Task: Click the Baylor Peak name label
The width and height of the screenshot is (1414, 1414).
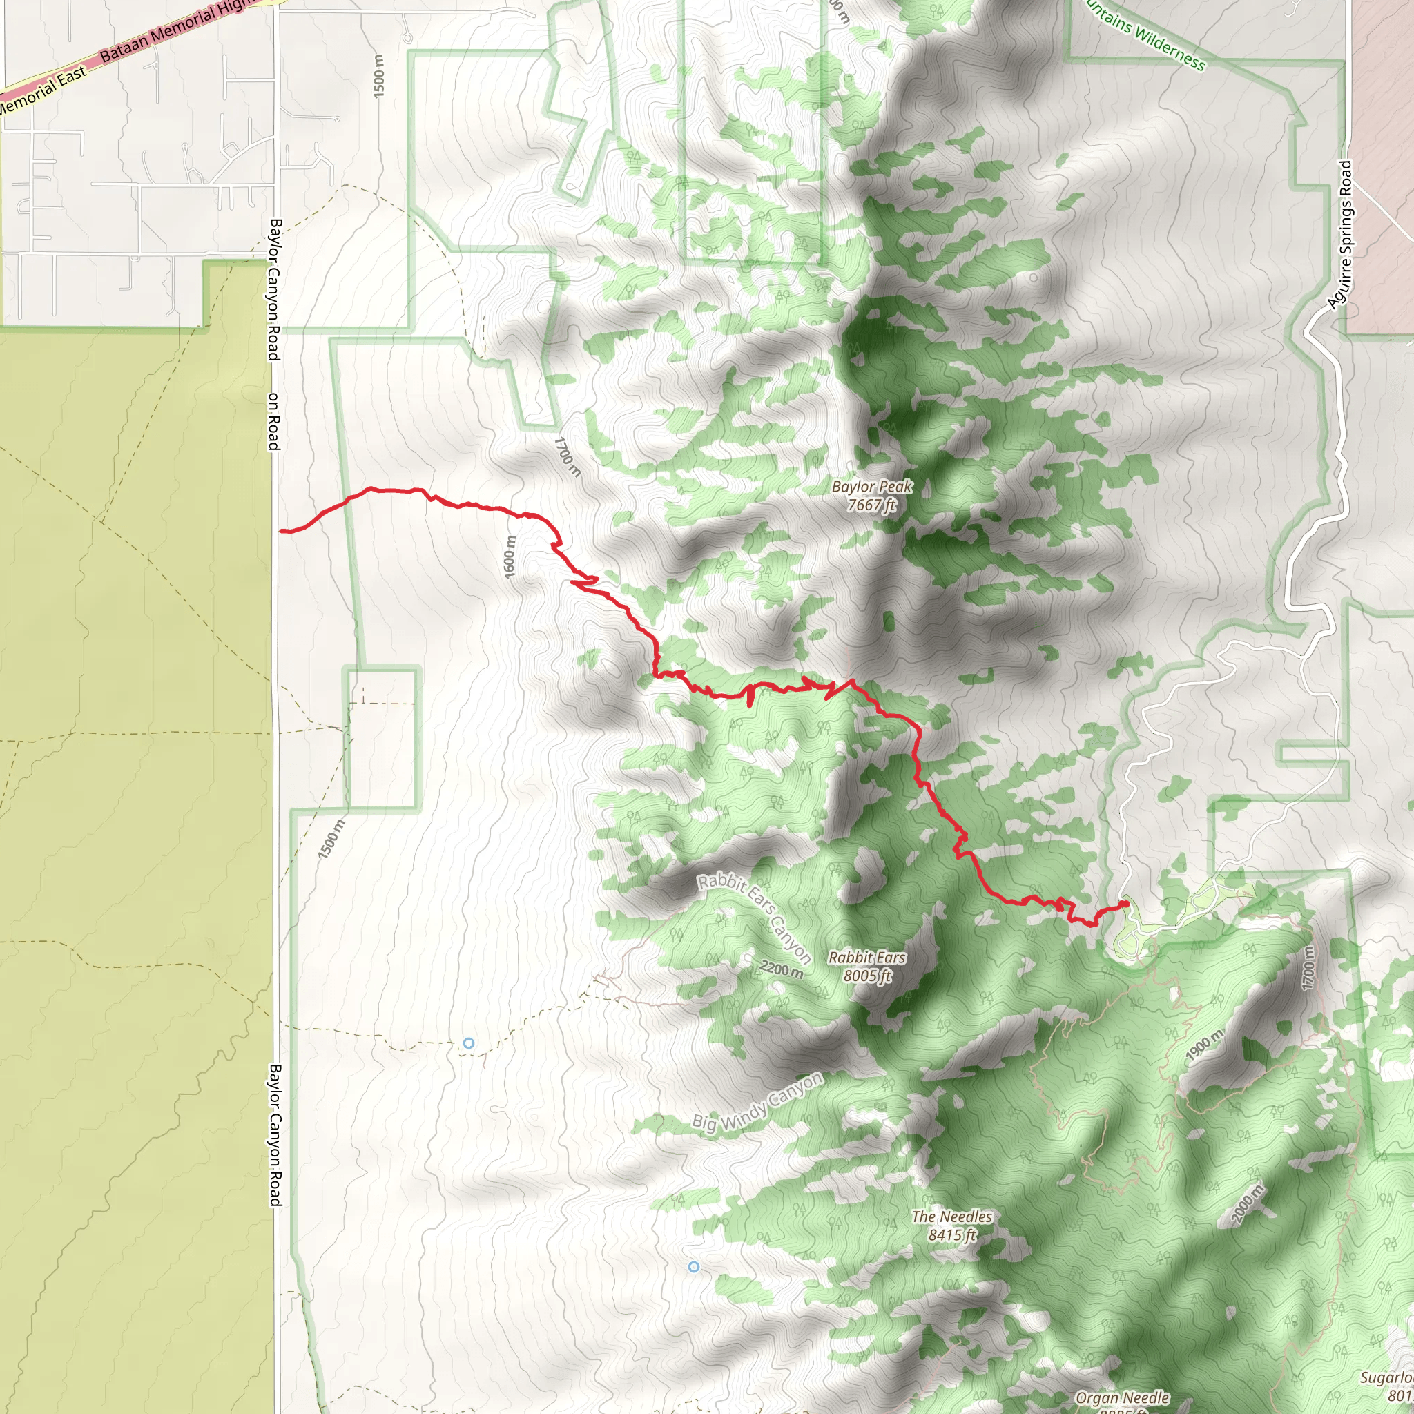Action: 872,487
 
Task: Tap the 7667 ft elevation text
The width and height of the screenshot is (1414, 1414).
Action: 872,505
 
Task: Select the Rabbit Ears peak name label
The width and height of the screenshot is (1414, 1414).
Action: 867,958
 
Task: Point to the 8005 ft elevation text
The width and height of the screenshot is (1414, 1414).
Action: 867,976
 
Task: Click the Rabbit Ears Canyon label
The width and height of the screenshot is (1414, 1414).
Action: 754,917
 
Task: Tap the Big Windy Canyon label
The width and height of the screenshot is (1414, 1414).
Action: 757,1103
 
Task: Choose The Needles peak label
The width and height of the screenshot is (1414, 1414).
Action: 951,1217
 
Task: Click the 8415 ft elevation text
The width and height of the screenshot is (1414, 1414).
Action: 951,1235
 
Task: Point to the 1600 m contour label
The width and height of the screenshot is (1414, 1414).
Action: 510,557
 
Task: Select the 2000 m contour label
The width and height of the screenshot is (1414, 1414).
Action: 1246,1204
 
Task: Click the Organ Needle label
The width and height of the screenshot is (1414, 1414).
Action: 1122,1398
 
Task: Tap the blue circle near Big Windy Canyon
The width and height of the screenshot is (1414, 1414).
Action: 693,1267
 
